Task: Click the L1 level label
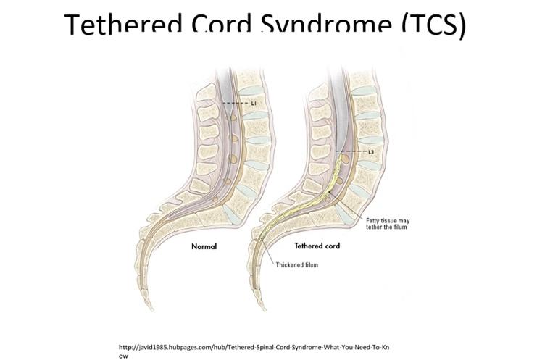tap(254, 104)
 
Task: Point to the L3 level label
tap(371, 151)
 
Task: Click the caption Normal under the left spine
tap(204, 247)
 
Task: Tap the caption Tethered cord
tap(317, 246)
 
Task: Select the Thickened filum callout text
tap(296, 265)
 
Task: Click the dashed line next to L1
tap(236, 104)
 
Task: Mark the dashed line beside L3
tap(353, 151)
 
